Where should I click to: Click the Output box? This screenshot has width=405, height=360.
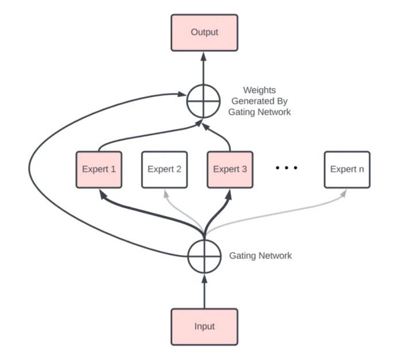(x=204, y=32)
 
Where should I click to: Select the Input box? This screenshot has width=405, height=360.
(x=204, y=326)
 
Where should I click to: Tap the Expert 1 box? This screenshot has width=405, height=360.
(x=99, y=170)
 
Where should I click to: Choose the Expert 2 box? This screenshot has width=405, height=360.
(x=165, y=170)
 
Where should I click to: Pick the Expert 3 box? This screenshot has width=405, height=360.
(x=230, y=170)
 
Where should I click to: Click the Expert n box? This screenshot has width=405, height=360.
(x=347, y=170)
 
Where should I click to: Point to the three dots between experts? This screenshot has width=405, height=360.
(x=286, y=169)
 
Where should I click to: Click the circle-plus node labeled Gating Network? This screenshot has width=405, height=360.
(x=204, y=256)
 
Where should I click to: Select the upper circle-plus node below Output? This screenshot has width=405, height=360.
(x=204, y=101)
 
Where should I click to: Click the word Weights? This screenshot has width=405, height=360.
(x=259, y=90)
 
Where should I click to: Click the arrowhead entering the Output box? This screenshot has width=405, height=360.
(x=204, y=53)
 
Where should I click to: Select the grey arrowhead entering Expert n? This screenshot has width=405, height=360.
(x=344, y=193)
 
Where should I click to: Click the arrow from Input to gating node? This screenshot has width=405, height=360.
(x=204, y=289)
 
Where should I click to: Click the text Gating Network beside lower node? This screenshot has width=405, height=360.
(x=260, y=256)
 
